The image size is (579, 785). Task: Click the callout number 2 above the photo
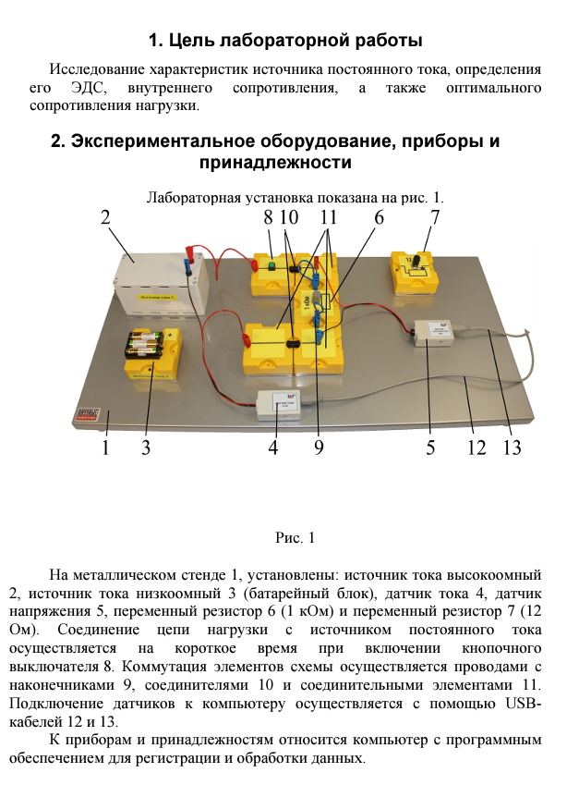104,218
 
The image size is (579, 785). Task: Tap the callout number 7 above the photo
435,218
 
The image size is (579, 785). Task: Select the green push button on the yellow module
272,267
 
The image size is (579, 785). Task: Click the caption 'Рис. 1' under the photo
296,537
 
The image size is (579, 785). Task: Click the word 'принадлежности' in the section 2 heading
275,162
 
